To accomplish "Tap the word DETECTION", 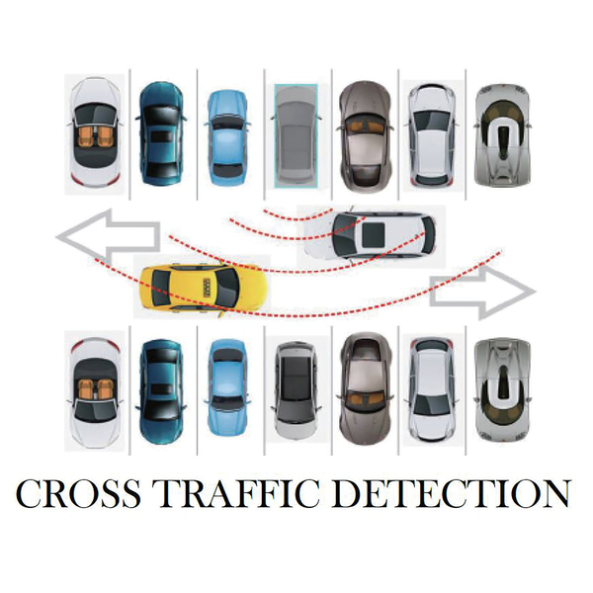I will (450, 494).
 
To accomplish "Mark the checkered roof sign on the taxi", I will (208, 288).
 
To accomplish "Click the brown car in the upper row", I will (363, 132).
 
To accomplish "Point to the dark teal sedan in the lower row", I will (160, 390).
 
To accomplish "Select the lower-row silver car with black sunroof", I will (295, 389).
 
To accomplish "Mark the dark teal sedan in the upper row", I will (160, 132).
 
